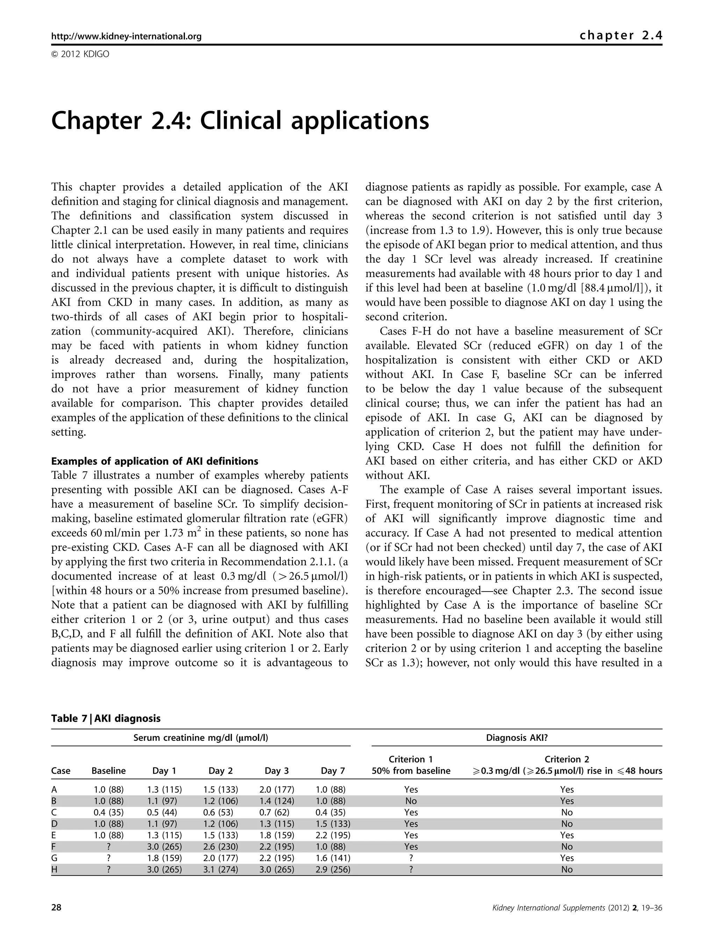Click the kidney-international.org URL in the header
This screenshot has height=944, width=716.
pyautogui.click(x=126, y=36)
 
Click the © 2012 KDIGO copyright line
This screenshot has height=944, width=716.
pyautogui.click(x=80, y=54)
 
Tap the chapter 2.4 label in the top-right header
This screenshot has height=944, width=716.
pyautogui.click(x=621, y=35)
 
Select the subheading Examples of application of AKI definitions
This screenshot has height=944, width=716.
pyautogui.click(x=155, y=461)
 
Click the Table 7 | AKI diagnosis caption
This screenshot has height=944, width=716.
pyautogui.click(x=106, y=718)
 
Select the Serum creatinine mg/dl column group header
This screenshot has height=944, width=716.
pyautogui.click(x=201, y=737)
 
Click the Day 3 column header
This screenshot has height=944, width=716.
pyautogui.click(x=277, y=770)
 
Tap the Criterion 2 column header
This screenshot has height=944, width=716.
pyautogui.click(x=567, y=759)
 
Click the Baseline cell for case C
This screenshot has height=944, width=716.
pyautogui.click(x=108, y=812)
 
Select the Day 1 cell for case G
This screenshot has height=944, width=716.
pyautogui.click(x=164, y=858)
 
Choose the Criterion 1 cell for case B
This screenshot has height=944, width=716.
pyautogui.click(x=411, y=801)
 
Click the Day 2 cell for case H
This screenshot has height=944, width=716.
pyautogui.click(x=220, y=869)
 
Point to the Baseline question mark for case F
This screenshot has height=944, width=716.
pyautogui.click(x=108, y=846)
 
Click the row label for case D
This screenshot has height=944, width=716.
pyautogui.click(x=54, y=824)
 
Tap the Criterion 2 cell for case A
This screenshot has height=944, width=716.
pyautogui.click(x=567, y=789)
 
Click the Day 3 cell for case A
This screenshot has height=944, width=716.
pyautogui.click(x=277, y=789)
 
